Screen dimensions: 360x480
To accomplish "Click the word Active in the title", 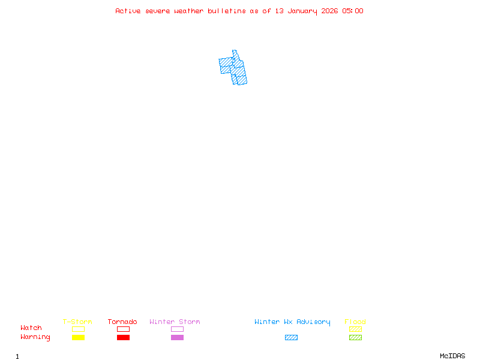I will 128,11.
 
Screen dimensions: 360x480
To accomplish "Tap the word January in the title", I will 302,11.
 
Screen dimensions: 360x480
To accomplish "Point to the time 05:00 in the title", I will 353,11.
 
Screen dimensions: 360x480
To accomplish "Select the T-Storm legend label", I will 77,322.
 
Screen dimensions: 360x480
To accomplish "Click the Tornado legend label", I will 122,322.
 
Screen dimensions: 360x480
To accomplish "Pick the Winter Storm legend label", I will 175,322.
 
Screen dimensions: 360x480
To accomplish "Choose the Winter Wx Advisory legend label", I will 292,322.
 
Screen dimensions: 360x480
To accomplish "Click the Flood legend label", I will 355,322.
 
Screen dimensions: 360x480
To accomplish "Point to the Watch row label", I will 31,328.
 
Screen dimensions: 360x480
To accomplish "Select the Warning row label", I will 35,337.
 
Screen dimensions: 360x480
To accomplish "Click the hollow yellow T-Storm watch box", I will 78,329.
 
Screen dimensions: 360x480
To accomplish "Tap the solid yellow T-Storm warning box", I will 78,337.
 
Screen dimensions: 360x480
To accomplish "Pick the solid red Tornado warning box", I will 123,337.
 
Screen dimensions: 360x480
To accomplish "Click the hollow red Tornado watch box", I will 123,329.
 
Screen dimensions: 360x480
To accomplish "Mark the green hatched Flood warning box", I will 355,337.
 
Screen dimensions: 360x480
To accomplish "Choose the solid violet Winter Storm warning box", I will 177,337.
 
